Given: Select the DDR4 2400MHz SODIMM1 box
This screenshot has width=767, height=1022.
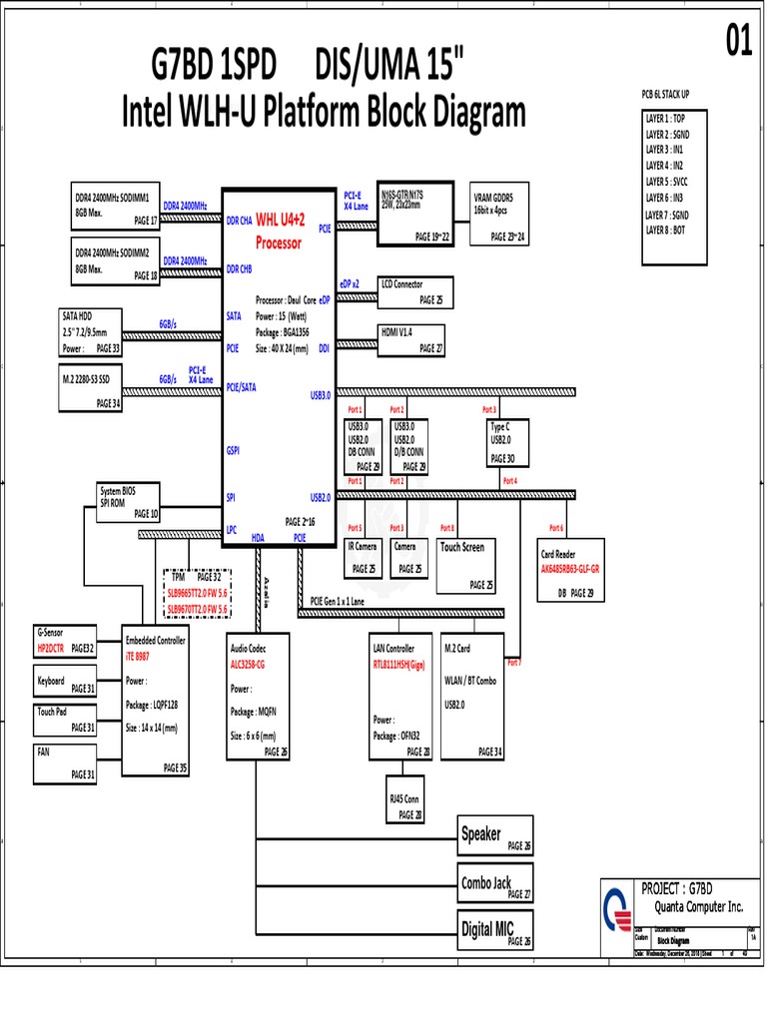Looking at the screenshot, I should click(x=114, y=206).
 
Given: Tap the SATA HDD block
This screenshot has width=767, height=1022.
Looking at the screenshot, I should click(x=91, y=333).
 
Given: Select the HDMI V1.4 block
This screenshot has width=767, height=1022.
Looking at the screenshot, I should click(x=413, y=339).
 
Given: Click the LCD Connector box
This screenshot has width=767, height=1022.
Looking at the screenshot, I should click(x=414, y=291).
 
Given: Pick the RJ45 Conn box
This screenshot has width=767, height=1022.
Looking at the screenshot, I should click(x=405, y=804).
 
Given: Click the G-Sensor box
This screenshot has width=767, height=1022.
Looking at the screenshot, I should click(x=65, y=641).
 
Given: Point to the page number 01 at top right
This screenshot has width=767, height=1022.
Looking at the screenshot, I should click(x=738, y=42).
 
